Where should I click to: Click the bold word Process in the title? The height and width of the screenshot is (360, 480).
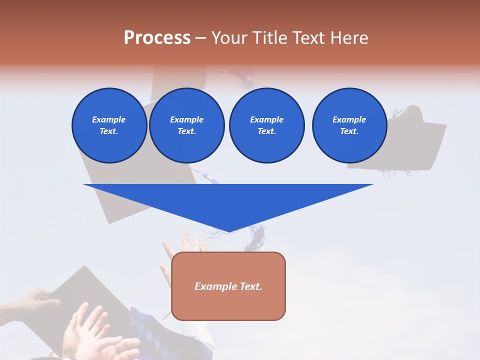tap(157, 38)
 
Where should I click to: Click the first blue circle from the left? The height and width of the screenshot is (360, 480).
tap(109, 125)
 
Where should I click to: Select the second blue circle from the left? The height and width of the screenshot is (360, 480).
tap(186, 125)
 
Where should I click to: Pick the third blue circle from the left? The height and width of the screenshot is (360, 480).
tap(266, 125)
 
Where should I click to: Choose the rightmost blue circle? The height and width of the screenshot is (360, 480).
tap(349, 125)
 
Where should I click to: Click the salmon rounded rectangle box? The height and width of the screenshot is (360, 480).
tap(228, 300)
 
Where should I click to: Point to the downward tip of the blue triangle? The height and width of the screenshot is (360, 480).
tap(228, 230)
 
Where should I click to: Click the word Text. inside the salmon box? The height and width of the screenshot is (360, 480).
tap(250, 286)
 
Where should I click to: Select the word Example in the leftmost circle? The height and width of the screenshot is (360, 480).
tap(109, 119)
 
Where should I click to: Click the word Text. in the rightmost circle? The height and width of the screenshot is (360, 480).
tap(349, 131)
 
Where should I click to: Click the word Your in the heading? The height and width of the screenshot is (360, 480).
tap(229, 38)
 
